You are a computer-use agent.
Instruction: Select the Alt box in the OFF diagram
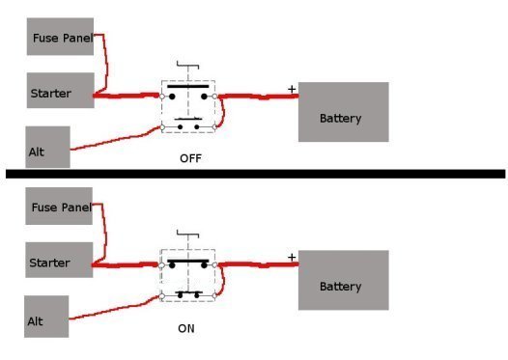(47, 150)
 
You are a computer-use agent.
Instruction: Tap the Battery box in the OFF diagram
(343, 113)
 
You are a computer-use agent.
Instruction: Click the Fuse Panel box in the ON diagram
(59, 207)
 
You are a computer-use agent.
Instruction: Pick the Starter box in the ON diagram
(59, 262)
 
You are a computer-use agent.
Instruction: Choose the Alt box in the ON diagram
(46, 317)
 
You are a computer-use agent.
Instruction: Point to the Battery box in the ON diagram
(343, 280)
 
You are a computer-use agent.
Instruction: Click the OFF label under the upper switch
(189, 157)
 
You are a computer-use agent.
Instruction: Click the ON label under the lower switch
(186, 328)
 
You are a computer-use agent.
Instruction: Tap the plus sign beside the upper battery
(291, 90)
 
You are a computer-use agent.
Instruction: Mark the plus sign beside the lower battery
(291, 257)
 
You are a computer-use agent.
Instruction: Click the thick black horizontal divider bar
(254, 174)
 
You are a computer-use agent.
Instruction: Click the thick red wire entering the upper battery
(261, 97)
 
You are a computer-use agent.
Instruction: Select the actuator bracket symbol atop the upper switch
(188, 66)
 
